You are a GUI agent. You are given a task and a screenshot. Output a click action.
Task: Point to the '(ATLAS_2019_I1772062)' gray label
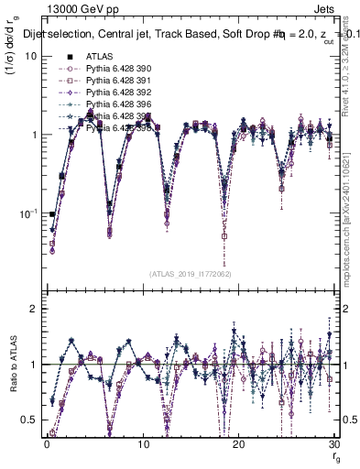point(191,273)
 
